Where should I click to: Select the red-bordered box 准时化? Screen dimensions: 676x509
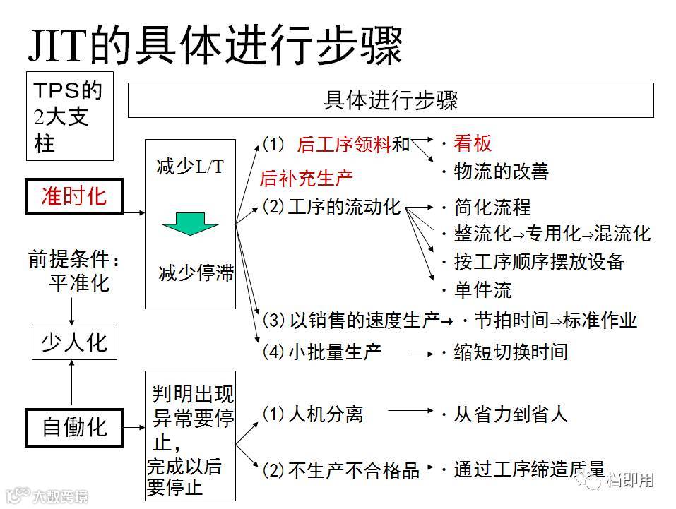tap(74, 196)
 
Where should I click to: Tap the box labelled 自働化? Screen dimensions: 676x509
tap(74, 427)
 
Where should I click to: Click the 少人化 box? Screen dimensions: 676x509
tap(74, 343)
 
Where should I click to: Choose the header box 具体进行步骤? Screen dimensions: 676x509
tap(390, 100)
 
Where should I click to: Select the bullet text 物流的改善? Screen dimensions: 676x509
tap(501, 172)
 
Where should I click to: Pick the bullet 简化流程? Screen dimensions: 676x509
tap(492, 208)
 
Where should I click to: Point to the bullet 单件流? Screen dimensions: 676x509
tap(482, 290)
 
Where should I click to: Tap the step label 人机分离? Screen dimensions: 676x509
tap(325, 414)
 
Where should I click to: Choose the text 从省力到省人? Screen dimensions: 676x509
tap(510, 414)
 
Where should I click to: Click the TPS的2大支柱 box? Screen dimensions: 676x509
tap(69, 116)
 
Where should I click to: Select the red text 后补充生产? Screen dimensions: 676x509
tap(307, 178)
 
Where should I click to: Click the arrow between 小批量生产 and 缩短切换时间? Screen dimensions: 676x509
tap(422, 352)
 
